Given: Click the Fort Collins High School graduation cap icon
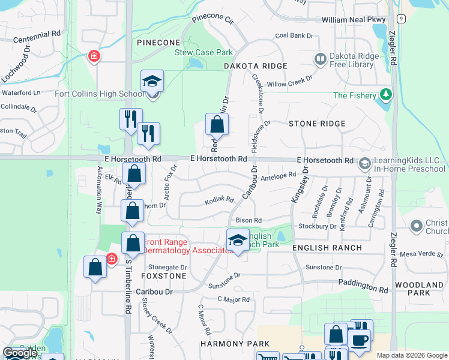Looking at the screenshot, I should (152, 82).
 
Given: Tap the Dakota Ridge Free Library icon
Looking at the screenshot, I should (320, 59).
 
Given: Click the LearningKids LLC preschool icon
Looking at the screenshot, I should (364, 163).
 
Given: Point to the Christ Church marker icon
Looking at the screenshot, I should (416, 226).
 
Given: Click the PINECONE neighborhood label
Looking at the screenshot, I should (158, 43).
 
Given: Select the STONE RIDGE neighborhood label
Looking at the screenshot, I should (317, 124).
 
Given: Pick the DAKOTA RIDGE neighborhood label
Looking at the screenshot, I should (255, 65).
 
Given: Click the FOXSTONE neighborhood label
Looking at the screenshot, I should (164, 276).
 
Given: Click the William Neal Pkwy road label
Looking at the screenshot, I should (353, 20).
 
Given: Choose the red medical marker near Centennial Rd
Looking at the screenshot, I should (94, 56).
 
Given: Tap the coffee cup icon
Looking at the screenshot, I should (360, 340).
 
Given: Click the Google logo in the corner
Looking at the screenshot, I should (20, 352).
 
